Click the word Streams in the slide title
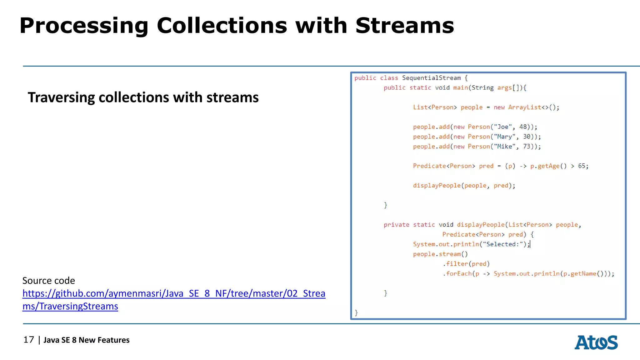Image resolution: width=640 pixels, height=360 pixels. click(404, 26)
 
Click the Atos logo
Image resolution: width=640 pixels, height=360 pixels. click(596, 342)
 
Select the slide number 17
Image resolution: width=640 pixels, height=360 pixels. click(29, 340)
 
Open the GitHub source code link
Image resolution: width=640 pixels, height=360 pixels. click(174, 294)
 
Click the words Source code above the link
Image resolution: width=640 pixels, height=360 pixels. click(49, 281)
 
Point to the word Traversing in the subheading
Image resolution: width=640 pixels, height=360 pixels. click(61, 98)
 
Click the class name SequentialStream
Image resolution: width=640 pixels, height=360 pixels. click(431, 78)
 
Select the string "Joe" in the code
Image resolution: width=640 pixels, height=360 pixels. click(503, 127)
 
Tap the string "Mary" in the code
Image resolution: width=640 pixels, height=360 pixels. click(504, 137)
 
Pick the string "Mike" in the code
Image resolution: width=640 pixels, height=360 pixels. click(504, 147)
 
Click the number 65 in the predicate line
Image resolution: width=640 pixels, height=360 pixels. click(582, 166)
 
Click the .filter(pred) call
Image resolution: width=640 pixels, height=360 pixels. click(466, 264)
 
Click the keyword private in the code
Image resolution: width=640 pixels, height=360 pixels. click(396, 225)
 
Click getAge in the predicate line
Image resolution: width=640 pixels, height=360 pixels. click(548, 166)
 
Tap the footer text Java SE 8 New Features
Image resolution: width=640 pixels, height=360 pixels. click(86, 340)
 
